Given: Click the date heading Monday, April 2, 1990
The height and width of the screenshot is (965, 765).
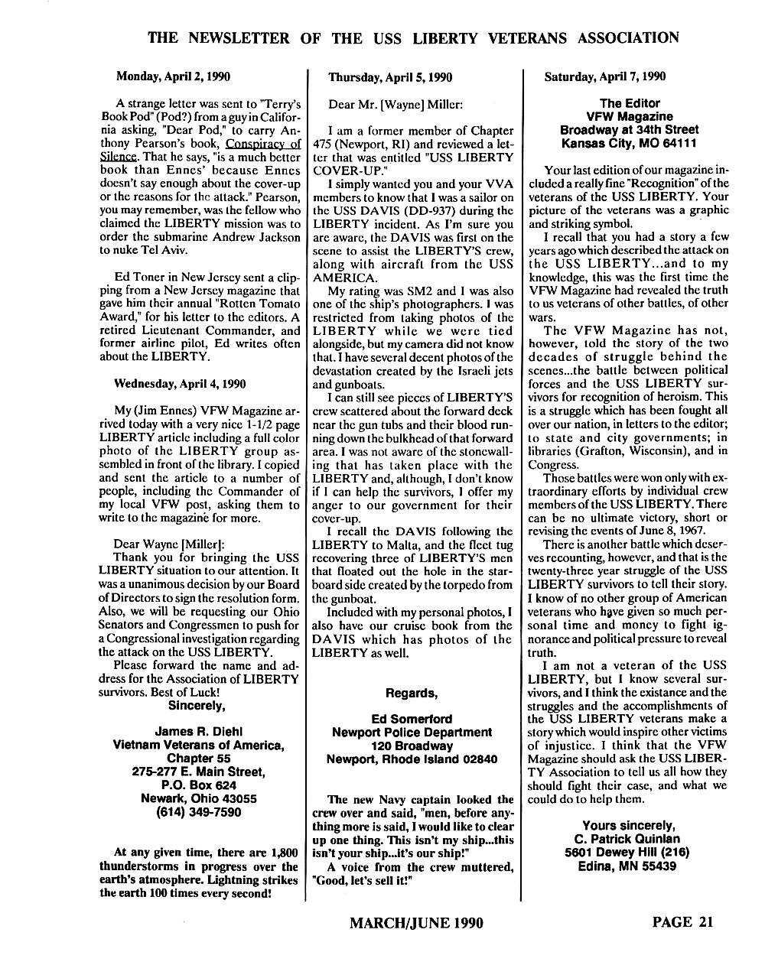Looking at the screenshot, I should pyautogui.click(x=172, y=76).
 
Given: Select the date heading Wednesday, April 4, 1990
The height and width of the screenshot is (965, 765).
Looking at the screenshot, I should pyautogui.click(x=180, y=384).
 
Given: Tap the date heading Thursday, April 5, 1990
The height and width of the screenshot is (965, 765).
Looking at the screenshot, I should pyautogui.click(x=390, y=77).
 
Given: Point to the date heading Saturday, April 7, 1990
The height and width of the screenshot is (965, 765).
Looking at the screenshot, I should pyautogui.click(x=604, y=76).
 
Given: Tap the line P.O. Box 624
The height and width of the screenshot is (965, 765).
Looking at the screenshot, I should pyautogui.click(x=197, y=785).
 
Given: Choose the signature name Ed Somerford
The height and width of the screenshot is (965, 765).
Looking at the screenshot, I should pyautogui.click(x=411, y=719).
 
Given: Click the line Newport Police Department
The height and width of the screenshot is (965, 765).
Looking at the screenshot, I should pyautogui.click(x=412, y=733).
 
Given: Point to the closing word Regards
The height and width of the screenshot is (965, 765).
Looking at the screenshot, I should pyautogui.click(x=411, y=693).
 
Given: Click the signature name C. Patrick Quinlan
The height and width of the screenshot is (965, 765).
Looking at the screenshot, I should pyautogui.click(x=629, y=839).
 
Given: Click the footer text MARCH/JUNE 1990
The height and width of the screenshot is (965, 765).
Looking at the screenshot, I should pyautogui.click(x=415, y=923).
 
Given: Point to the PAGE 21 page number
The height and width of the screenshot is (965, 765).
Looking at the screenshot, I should pyautogui.click(x=682, y=921).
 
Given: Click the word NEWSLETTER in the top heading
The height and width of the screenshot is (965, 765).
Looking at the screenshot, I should pyautogui.click(x=247, y=37).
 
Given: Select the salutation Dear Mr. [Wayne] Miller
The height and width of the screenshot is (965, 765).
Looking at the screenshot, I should pyautogui.click(x=396, y=104).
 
